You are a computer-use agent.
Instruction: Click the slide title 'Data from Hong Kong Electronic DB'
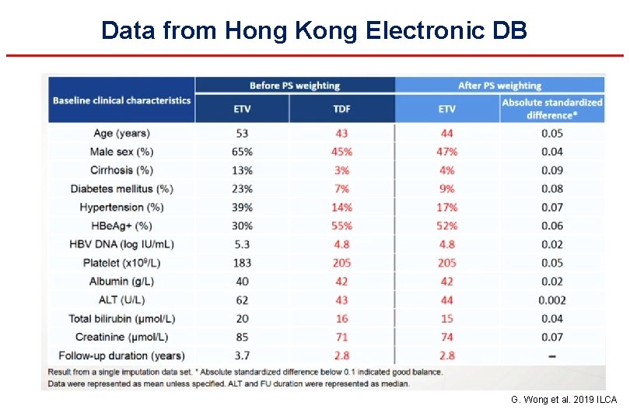(x=314, y=30)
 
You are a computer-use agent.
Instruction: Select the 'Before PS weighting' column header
(x=295, y=86)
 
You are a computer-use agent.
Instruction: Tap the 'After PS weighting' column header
(x=499, y=86)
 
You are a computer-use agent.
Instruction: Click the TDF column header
(x=341, y=109)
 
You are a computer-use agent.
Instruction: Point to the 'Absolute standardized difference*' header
(x=552, y=109)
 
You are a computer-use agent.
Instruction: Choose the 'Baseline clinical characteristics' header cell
(x=121, y=100)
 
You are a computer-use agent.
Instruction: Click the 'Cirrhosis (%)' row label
(x=121, y=170)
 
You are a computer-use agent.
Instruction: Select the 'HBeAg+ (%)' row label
(x=122, y=226)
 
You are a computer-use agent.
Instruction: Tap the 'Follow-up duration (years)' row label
(x=121, y=355)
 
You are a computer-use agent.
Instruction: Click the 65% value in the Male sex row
(x=242, y=152)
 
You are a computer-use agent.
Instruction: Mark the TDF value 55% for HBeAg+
(x=341, y=226)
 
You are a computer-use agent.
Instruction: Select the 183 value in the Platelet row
(x=242, y=263)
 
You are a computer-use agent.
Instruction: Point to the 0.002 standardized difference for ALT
(x=552, y=300)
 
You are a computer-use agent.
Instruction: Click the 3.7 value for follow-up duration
(x=242, y=355)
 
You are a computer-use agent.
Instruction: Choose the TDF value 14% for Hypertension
(x=341, y=208)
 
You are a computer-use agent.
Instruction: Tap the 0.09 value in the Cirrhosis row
(x=552, y=170)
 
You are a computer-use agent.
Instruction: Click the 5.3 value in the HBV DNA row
(x=242, y=244)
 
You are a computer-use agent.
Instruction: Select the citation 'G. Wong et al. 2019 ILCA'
(x=564, y=400)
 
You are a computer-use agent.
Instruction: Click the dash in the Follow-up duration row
(x=552, y=355)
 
